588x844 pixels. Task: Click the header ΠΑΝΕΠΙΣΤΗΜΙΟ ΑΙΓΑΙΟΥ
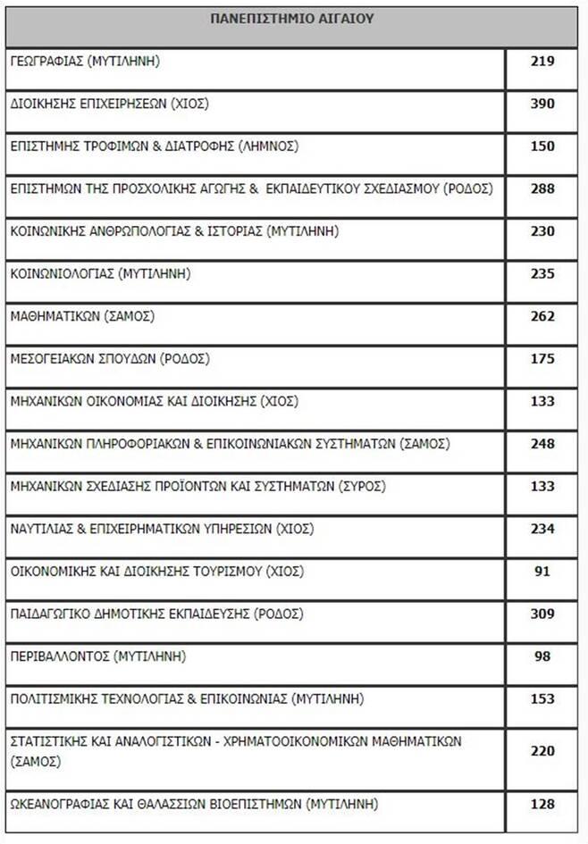292,18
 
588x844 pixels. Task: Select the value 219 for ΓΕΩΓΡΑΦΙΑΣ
542,62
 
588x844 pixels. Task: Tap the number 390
542,104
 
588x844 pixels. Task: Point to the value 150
542,146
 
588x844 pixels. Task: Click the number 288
542,188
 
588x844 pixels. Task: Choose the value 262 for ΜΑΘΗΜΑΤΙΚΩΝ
542,316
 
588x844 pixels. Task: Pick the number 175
542,359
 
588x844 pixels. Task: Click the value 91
542,572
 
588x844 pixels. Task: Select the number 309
542,614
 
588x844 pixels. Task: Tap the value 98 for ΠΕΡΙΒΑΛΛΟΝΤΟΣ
542,656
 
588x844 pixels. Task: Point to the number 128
542,804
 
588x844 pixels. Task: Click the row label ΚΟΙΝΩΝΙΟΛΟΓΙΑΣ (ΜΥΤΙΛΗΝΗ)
100,273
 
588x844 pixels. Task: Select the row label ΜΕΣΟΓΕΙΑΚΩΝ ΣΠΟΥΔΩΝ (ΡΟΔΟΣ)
109,359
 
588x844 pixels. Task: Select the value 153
542,699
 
